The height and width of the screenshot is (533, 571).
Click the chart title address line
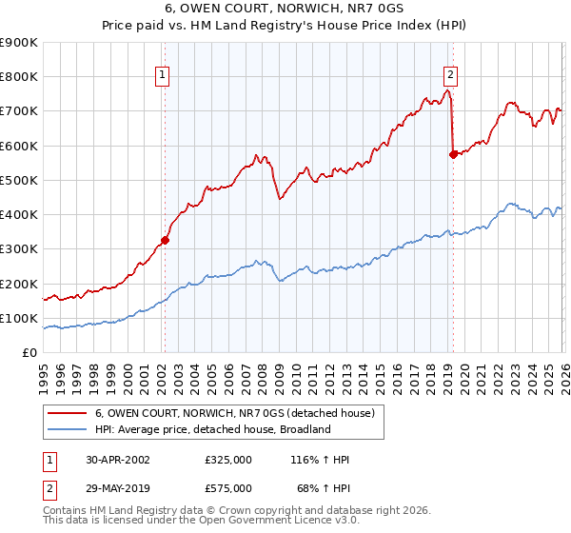coord(285,9)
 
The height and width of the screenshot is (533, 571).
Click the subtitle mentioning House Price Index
coord(285,26)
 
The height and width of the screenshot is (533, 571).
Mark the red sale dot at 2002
coord(165,241)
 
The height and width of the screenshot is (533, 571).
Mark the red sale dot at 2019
coord(453,154)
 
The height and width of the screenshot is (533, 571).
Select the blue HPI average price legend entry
coord(211,429)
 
